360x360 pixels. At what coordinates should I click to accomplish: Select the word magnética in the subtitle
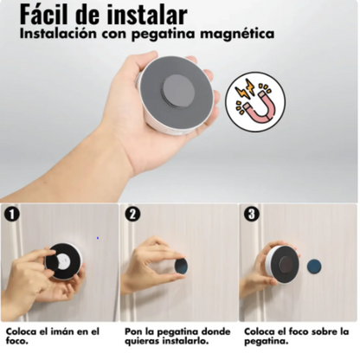coord(237,35)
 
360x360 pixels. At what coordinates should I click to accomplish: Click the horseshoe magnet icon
coord(255,102)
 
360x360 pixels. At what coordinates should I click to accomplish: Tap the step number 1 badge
coord(11,215)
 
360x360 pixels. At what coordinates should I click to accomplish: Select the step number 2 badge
coord(132,214)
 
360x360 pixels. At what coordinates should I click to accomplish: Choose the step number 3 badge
coord(252,214)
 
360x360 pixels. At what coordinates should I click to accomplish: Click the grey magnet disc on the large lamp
coord(177,91)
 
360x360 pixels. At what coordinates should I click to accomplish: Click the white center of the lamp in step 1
coord(63,261)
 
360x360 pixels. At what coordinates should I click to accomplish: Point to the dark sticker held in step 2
coord(181,266)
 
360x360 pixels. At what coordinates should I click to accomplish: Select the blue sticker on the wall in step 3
coord(314,267)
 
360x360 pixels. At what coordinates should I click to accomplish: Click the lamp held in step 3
coord(282,264)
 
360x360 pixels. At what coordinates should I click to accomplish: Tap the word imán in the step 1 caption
coord(61,331)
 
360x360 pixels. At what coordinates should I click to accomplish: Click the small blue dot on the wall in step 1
coord(98,238)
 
